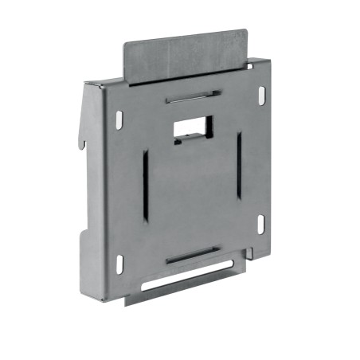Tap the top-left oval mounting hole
coord(119,119)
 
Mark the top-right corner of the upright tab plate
coord(245,33)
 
